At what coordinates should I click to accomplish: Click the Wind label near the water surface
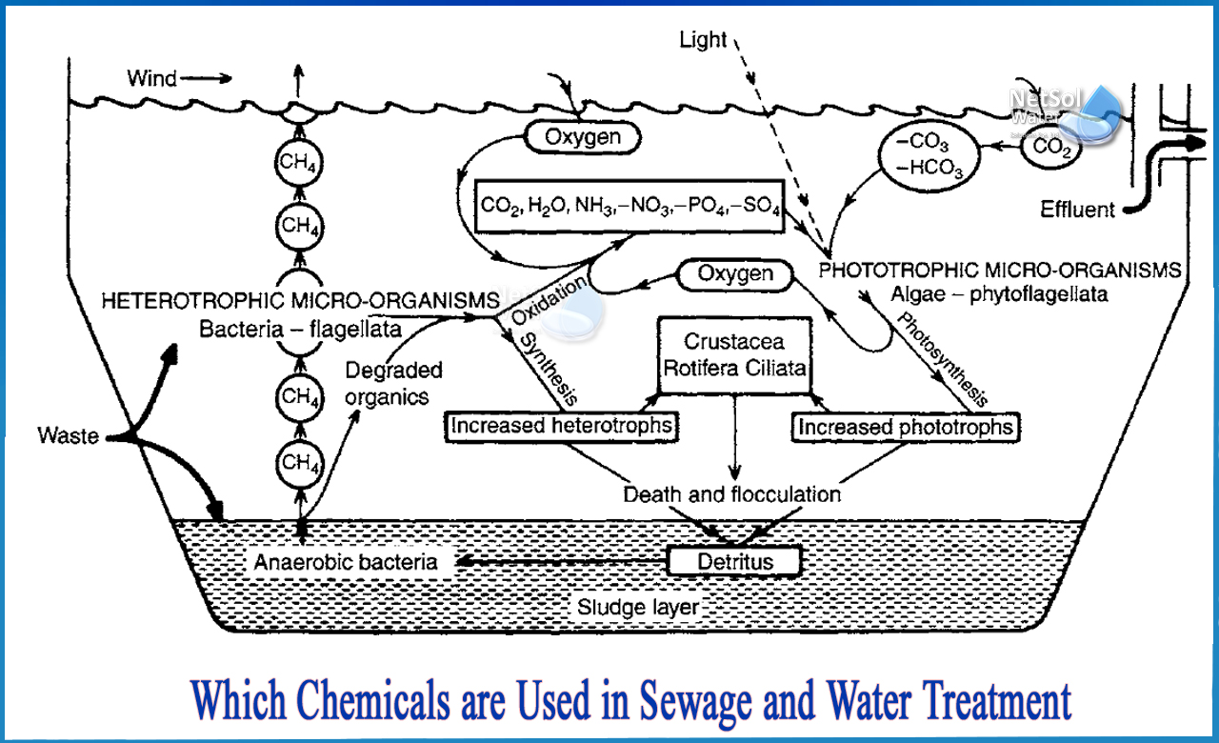coord(153,77)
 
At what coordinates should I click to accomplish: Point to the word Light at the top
coord(703,40)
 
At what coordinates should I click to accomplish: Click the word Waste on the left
coord(70,436)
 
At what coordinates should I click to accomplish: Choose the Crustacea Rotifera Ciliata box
coord(734,353)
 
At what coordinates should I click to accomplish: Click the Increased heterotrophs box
coord(563,426)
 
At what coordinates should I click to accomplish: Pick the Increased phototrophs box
coord(905,428)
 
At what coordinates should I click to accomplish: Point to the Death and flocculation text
coord(731,494)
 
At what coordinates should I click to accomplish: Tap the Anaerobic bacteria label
coord(346,562)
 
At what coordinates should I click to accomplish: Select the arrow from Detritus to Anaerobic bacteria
coord(562,562)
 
